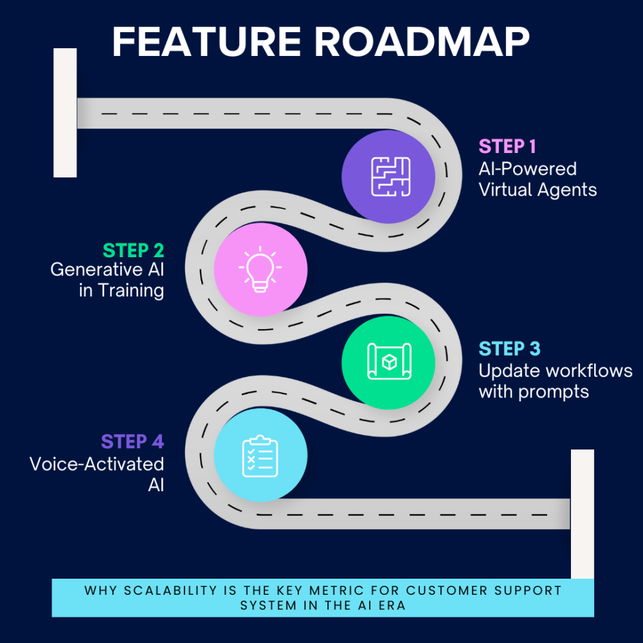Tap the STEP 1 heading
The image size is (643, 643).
507,147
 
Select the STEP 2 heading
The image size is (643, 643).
133,249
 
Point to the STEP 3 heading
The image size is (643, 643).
509,349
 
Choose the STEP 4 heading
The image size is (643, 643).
132,442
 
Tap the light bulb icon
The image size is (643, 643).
260,269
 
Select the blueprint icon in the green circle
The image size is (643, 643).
388,362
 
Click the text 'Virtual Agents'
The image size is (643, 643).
538,190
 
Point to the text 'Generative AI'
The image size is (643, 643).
107,269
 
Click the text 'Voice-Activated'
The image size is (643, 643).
97,464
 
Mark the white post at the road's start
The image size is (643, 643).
65,113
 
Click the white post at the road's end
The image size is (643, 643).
582,514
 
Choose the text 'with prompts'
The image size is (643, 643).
534,392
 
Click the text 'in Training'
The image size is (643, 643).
122,290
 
